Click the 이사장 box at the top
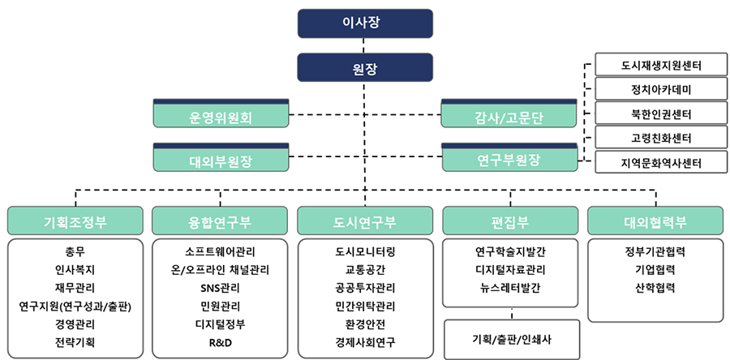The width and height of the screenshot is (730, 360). point(365,24)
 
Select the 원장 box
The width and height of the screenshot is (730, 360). point(365,67)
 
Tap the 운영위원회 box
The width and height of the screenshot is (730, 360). point(221,114)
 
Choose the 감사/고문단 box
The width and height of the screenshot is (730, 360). point(509,114)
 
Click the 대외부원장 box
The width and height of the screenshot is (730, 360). point(221,157)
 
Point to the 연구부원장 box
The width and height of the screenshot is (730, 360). point(509,157)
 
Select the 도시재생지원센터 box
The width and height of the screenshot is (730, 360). point(661,65)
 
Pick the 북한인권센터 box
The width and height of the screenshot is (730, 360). point(661,114)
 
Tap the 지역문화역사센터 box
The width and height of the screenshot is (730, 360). point(661,162)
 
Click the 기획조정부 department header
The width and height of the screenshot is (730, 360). point(75,221)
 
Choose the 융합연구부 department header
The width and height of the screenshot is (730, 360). point(220,221)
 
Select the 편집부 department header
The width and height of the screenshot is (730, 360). point(510,221)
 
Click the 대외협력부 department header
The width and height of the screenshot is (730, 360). point(655,221)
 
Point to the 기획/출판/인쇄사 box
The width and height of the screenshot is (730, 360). point(512,339)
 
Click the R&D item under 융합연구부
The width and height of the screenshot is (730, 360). point(220,343)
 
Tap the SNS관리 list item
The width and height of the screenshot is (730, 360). point(220,289)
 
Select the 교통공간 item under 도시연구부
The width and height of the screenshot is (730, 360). point(365,270)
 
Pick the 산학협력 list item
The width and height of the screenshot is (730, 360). point(655,289)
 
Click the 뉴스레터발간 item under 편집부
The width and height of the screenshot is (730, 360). point(510,289)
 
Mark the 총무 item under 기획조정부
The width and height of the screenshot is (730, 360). point(75,252)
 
